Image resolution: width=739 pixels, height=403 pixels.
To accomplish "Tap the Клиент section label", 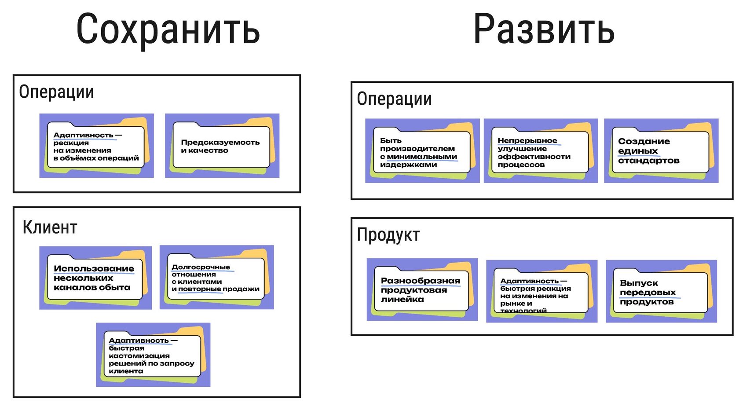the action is tap(50, 227).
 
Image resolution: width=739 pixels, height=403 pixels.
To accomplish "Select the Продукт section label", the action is tap(388, 234).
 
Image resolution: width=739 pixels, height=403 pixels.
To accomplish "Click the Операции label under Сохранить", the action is tap(56, 92).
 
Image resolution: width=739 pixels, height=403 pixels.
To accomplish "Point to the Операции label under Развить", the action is tap(394, 99).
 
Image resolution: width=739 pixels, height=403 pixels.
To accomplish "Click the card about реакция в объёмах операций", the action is tap(96, 146).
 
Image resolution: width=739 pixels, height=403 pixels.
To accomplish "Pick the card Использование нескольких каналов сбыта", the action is tap(95, 278).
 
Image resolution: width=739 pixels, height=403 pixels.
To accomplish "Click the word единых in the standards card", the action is tap(637, 151).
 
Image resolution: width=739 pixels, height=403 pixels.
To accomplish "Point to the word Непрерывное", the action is tap(527, 141).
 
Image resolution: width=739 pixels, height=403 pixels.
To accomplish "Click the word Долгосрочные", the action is tap(201, 267).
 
